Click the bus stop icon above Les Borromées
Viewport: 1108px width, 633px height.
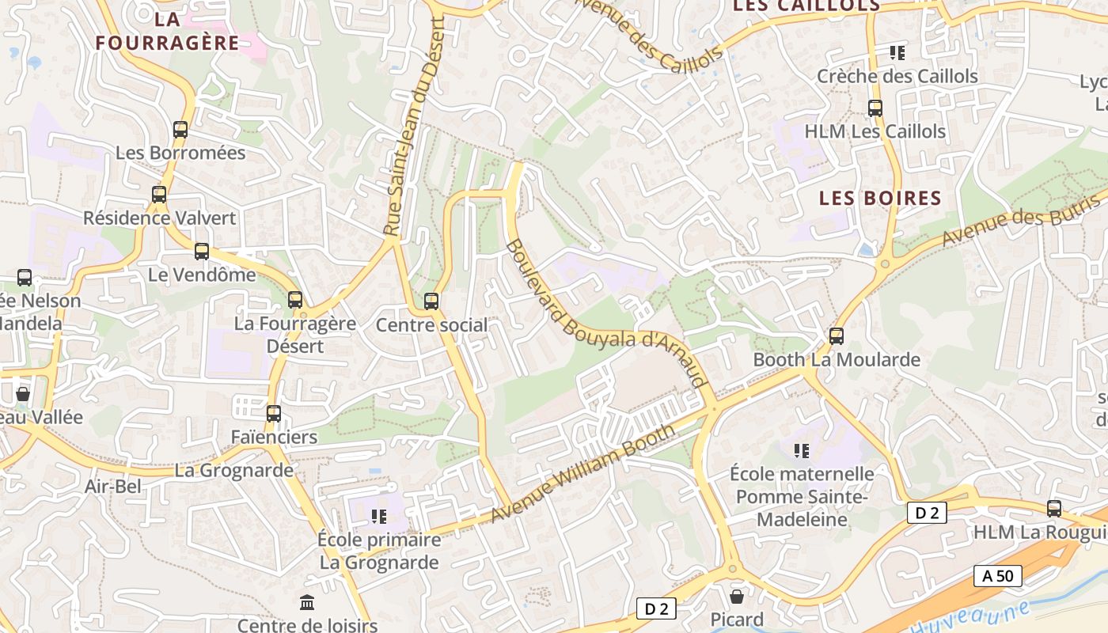pos(180,130)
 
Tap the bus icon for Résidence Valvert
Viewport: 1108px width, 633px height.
pos(159,195)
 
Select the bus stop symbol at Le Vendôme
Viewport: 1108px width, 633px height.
pos(202,252)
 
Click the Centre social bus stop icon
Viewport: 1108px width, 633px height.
pos(431,301)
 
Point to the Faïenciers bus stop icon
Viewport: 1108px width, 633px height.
pos(274,414)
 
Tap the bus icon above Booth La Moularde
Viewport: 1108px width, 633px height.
pos(837,336)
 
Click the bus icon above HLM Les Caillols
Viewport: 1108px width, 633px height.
pos(875,108)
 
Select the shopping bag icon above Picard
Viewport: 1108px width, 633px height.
pos(737,597)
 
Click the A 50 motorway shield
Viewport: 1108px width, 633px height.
pos(997,576)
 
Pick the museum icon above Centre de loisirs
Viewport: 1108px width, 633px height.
pos(307,603)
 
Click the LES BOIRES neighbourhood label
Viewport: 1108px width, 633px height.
pos(880,198)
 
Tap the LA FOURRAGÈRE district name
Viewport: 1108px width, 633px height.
pos(167,32)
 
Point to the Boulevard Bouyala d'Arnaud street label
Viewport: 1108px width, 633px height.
pos(606,314)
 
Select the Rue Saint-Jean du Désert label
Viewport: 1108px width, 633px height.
pos(415,127)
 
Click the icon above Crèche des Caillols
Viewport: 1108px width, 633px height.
pos(897,53)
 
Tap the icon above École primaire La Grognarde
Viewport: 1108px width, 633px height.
pos(379,517)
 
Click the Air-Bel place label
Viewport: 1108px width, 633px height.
pos(113,486)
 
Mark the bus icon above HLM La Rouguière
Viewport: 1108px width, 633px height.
pos(1054,509)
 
